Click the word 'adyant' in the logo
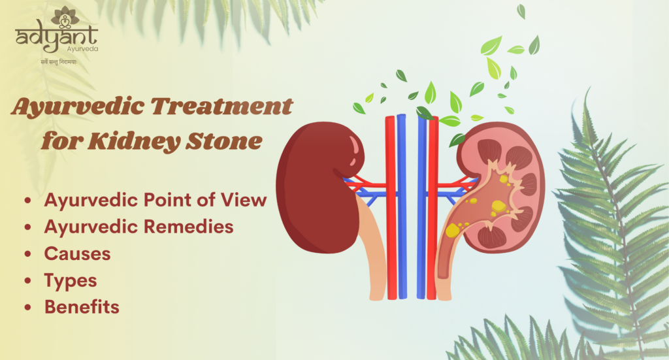[56, 39]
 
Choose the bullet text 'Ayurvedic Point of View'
[155, 201]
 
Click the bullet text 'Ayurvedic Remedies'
[139, 227]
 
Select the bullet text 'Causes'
[77, 254]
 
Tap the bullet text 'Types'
[71, 280]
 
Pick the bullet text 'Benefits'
[82, 306]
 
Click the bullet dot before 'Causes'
[28, 254]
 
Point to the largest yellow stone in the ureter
[452, 230]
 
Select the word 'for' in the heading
[58, 140]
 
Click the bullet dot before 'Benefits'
[28, 307]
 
